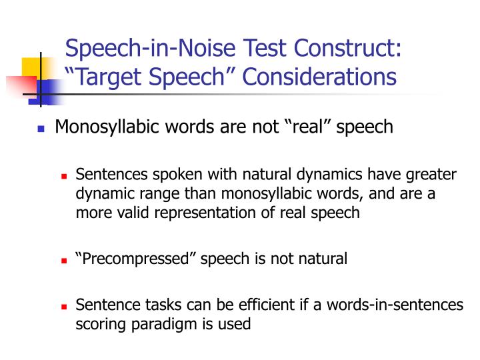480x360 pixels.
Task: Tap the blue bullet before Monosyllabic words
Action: (41, 129)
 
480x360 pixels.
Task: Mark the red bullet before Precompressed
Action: (65, 260)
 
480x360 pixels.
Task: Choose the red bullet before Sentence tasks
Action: (65, 307)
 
